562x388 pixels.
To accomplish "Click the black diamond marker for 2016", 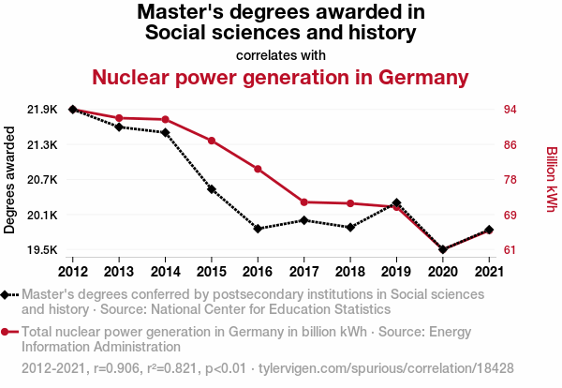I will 258,229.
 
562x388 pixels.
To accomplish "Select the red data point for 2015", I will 212,141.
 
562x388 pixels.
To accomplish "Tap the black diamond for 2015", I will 212,189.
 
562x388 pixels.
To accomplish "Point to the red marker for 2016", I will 258,169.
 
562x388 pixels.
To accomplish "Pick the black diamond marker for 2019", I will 396,203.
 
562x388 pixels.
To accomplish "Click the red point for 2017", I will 303,202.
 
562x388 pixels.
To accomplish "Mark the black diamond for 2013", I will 119,127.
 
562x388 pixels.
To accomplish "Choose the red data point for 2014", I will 166,119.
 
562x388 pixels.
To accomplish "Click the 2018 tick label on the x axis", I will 349,272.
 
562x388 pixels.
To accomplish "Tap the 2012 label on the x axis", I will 73,272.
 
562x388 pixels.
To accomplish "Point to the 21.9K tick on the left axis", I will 41,110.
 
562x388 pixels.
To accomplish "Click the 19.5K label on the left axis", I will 41,250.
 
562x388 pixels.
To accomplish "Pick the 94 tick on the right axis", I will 510,110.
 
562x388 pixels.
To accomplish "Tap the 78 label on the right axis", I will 510,180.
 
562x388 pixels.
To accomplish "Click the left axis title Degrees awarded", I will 10,180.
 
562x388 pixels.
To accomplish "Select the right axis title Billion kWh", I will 551,179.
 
